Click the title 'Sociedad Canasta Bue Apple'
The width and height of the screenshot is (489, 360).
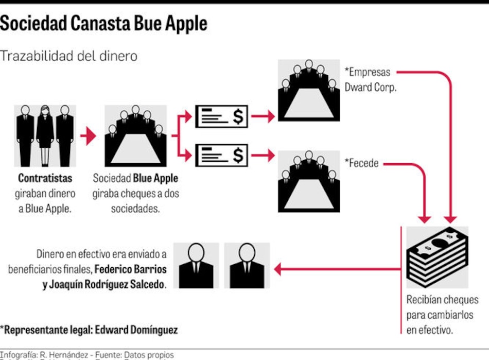point(104,24)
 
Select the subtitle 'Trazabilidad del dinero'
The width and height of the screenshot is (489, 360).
point(69,56)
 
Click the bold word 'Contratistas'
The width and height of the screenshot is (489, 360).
point(45,179)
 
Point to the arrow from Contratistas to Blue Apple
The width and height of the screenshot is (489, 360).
point(88,136)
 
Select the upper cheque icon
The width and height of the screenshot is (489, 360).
point(221,117)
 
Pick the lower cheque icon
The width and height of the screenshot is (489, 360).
point(221,155)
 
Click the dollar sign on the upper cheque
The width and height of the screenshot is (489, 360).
point(237,117)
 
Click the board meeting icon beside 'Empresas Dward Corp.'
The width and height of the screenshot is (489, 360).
point(309,91)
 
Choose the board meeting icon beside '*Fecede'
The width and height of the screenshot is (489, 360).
point(309,181)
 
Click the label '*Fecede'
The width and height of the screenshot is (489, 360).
point(361,164)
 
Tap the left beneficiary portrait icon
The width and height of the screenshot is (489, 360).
point(196,265)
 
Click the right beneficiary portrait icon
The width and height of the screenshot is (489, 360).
point(247,265)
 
